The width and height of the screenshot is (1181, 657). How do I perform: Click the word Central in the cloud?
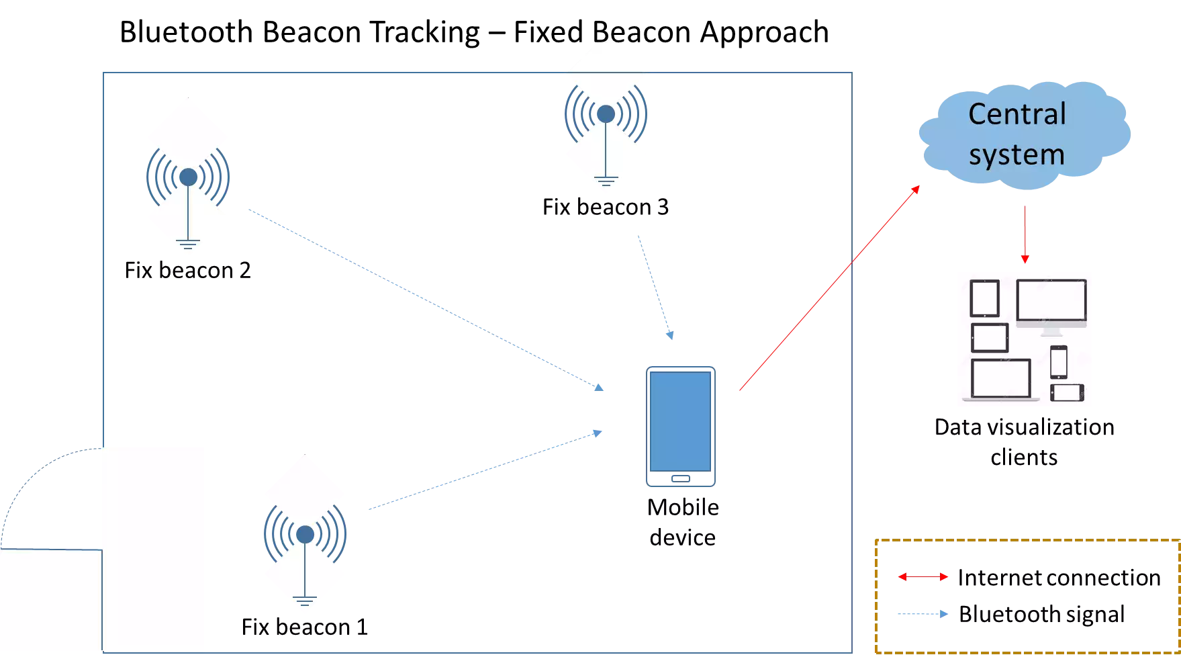tap(1017, 114)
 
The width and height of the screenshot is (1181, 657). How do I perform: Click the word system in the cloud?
tap(1017, 155)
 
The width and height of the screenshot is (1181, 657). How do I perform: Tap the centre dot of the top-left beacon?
tap(188, 177)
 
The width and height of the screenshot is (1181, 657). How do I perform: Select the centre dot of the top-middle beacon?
tap(606, 114)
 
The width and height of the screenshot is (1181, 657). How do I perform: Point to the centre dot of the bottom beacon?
tap(305, 535)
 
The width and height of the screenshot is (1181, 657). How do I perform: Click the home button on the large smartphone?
tap(681, 479)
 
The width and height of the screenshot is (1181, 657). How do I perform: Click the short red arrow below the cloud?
tap(1024, 235)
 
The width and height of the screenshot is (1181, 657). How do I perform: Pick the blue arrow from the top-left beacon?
tap(426, 300)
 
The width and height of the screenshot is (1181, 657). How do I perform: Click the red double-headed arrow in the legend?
tap(923, 577)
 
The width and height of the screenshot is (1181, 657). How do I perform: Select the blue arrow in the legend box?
tap(924, 614)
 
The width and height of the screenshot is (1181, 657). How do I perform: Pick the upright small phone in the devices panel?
tap(1058, 362)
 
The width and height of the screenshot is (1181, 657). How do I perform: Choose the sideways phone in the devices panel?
tap(1067, 392)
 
